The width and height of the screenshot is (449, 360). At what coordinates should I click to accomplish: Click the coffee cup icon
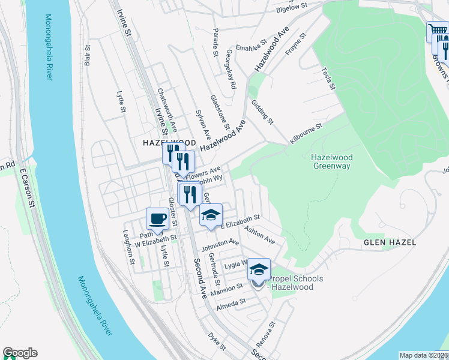[158, 218]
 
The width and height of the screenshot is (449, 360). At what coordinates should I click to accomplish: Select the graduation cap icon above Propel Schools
[259, 269]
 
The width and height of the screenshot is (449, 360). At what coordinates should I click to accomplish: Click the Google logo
[20, 353]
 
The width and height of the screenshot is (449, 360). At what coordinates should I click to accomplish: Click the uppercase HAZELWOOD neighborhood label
[170, 143]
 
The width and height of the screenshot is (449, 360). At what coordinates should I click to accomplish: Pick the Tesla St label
[328, 78]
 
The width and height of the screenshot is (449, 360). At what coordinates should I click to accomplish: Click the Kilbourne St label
[306, 133]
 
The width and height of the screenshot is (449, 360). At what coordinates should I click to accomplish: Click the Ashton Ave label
[261, 235]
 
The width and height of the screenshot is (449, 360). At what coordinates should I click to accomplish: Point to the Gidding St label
[262, 112]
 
